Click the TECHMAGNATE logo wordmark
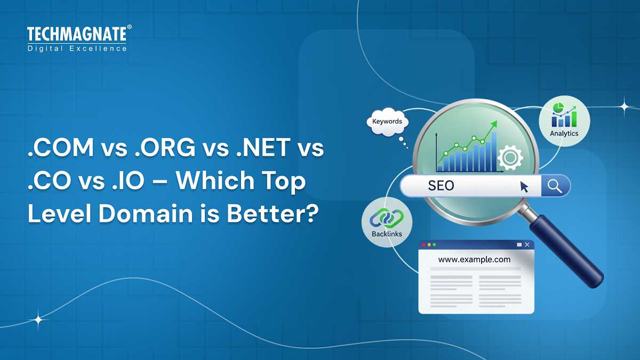pyautogui.click(x=77, y=35)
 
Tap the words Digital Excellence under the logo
pyautogui.click(x=77, y=49)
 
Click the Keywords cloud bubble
pyautogui.click(x=387, y=122)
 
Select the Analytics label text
pyautogui.click(x=564, y=133)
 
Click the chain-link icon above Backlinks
pyautogui.click(x=387, y=218)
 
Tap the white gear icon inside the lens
pyautogui.click(x=509, y=157)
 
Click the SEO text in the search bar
pyautogui.click(x=441, y=186)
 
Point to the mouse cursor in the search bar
pyautogui.click(x=524, y=187)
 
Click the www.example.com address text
pyautogui.click(x=474, y=260)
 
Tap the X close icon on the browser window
pyautogui.click(x=527, y=244)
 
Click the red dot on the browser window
pyautogui.click(x=424, y=244)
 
